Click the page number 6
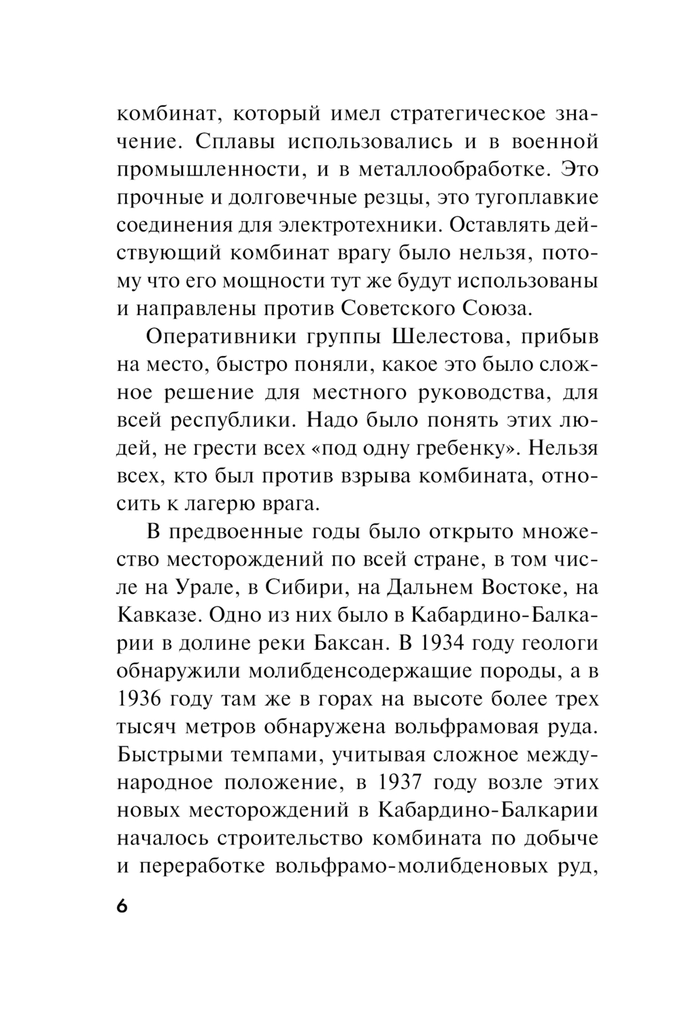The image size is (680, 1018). [122, 908]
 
